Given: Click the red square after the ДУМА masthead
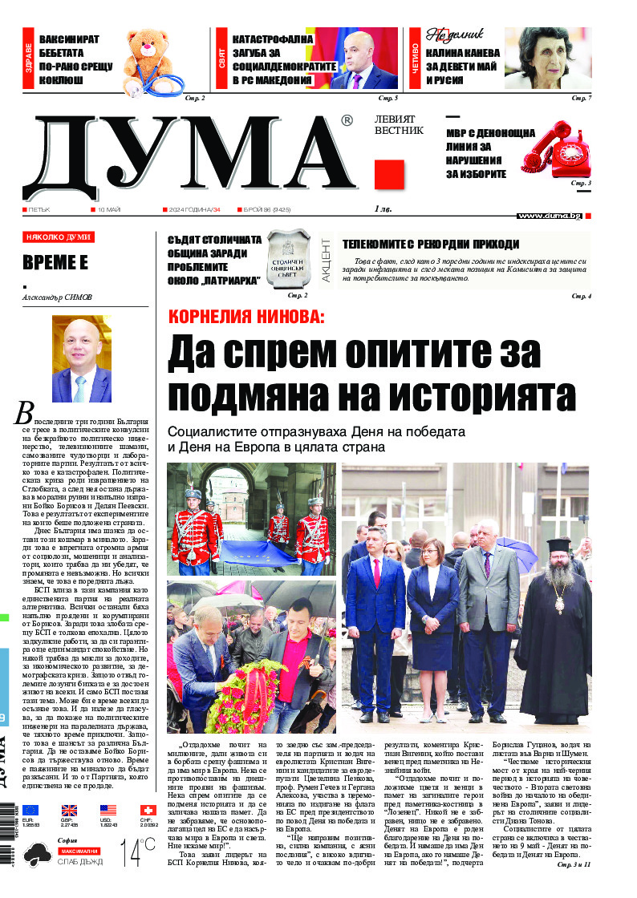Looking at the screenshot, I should click(389, 175).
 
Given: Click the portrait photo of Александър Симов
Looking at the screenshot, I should click(81, 359).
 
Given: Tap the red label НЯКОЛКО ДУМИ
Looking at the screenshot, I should click(59, 237).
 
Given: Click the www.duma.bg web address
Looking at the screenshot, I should click(549, 216).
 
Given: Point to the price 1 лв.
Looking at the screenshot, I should click(385, 209).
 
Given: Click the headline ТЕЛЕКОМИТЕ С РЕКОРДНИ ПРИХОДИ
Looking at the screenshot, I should click(431, 245).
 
